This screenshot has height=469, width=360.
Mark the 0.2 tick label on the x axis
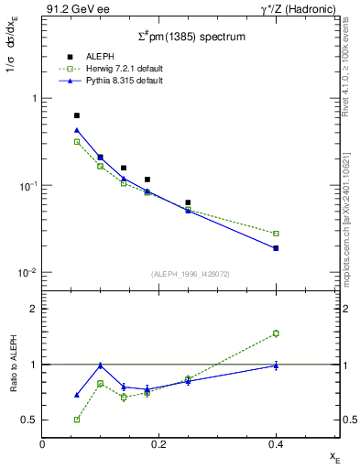(158, 443)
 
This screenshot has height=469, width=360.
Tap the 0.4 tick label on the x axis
(276, 443)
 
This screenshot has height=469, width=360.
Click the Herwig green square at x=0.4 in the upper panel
(276, 234)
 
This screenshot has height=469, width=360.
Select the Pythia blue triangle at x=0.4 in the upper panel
(276, 248)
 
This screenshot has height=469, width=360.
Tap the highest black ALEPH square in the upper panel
(77, 115)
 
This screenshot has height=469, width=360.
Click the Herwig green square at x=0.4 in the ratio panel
(276, 333)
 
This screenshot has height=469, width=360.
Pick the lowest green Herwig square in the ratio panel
(77, 420)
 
